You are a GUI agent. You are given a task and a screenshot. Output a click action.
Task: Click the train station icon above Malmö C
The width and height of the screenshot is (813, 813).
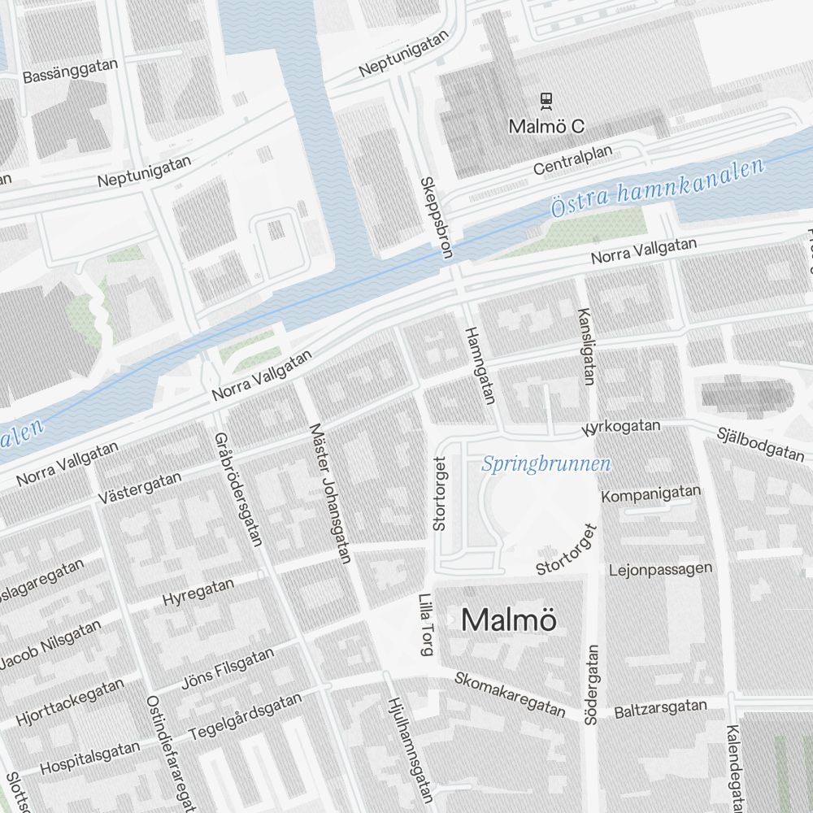(x=546, y=101)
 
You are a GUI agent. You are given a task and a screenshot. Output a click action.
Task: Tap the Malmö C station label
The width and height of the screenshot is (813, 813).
(x=546, y=128)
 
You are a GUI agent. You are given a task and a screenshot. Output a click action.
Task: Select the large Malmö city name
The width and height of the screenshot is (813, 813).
(x=509, y=620)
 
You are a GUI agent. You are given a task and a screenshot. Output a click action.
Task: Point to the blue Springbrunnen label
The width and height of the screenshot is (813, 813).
(x=546, y=464)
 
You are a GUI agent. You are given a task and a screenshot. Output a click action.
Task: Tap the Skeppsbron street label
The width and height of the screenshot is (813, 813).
(x=436, y=217)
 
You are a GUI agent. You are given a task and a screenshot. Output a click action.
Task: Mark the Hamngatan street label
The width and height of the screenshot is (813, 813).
(x=479, y=365)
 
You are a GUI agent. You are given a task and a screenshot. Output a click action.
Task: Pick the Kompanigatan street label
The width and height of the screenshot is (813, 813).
(x=650, y=493)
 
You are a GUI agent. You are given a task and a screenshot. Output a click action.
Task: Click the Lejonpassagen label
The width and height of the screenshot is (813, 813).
(x=660, y=569)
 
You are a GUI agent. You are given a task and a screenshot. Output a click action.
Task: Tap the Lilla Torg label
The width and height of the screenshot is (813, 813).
(x=425, y=624)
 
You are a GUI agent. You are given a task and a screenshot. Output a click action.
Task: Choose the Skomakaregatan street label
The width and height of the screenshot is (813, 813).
(x=510, y=694)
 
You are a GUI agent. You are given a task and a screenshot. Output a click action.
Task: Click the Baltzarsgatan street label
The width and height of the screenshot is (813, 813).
(x=660, y=709)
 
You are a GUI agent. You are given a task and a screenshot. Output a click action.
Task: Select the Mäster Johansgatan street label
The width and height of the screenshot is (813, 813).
(x=329, y=493)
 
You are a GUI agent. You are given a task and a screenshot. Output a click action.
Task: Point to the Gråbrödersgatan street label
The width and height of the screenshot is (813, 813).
(x=237, y=488)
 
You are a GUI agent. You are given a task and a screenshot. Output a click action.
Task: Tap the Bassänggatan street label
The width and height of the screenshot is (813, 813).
(x=71, y=71)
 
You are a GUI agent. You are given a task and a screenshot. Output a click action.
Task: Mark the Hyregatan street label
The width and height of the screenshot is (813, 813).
(x=198, y=591)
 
